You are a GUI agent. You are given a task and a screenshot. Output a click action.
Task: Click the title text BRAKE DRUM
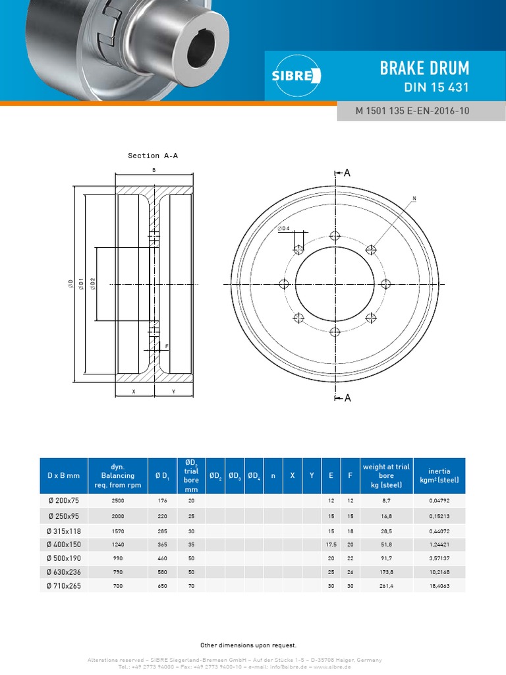[x=424, y=67]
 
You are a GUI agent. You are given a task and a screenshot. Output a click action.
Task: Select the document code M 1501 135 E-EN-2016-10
[x=412, y=111]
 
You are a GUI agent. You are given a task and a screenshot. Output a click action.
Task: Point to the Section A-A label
[x=153, y=156]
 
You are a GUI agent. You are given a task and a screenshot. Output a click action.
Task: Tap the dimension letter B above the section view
[x=154, y=170]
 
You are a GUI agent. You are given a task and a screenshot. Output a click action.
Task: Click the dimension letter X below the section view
[x=134, y=391]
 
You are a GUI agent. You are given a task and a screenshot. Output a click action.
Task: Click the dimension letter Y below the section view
[x=173, y=391]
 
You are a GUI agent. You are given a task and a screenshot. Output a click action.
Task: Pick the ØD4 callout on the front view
[x=284, y=228]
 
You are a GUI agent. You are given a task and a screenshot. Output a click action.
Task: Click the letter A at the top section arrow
[x=347, y=173]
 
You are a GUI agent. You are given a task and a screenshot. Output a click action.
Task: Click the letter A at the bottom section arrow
[x=347, y=397]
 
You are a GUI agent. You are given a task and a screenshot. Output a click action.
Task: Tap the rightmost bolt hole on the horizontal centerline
[x=385, y=283]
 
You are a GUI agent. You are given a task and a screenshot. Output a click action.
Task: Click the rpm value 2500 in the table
[x=118, y=501]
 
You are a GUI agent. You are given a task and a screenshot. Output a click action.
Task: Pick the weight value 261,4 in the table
[x=386, y=585]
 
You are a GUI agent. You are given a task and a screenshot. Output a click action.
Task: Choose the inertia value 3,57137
[x=439, y=558]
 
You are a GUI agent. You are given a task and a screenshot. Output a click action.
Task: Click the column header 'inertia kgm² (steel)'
[x=439, y=475]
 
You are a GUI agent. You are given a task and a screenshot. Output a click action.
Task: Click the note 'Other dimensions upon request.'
[x=248, y=645]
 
